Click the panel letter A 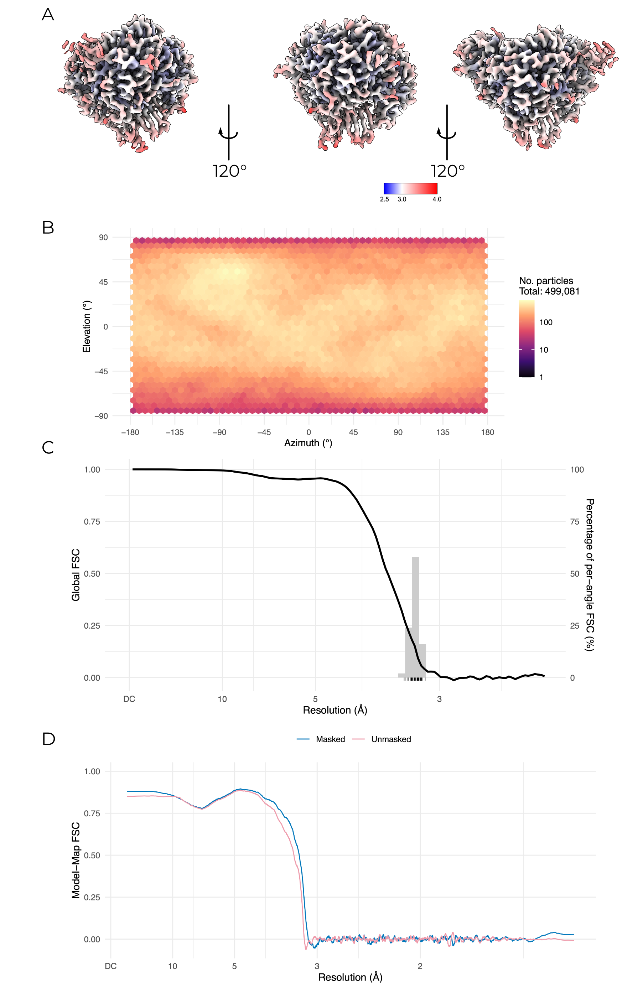[x=48, y=15]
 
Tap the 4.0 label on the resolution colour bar [x=437, y=199]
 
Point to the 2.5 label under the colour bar [x=384, y=199]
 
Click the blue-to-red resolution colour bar [x=410, y=188]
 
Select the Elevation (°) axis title [x=86, y=327]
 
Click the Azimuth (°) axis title [x=308, y=443]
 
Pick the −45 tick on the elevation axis [x=101, y=371]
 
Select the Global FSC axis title [x=76, y=574]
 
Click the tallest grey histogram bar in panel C [x=415, y=614]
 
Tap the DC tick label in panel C [x=129, y=699]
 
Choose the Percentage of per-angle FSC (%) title [x=590, y=574]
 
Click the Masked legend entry [x=330, y=739]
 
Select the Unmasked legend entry [x=391, y=739]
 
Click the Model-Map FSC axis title [x=76, y=860]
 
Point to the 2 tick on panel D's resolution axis [x=420, y=966]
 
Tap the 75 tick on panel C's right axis [x=575, y=521]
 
